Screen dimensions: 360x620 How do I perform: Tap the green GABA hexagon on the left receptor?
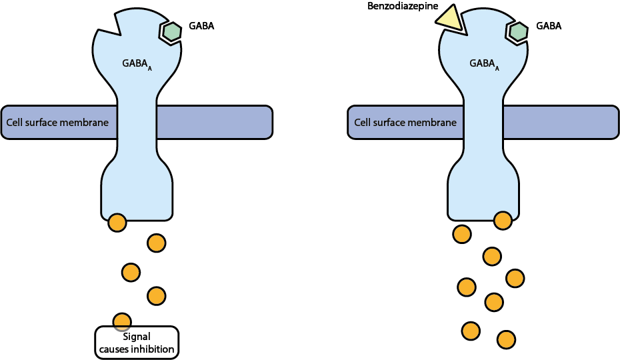[x=171, y=31]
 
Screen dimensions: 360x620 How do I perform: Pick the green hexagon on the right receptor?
[x=518, y=31]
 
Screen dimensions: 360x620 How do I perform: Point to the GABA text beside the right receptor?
[x=549, y=26]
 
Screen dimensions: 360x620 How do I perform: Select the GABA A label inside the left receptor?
[x=137, y=64]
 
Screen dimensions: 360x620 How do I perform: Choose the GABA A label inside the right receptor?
[x=484, y=64]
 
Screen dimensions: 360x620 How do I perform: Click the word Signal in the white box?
[x=137, y=337]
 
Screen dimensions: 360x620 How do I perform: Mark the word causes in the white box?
[x=113, y=349]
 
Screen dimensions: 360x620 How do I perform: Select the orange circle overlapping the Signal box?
[x=122, y=321]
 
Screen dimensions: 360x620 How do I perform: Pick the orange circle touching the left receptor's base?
[x=117, y=223]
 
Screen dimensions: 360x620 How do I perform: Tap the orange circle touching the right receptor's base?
[x=502, y=220]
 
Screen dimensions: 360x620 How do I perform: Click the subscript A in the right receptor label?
[x=497, y=68]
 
